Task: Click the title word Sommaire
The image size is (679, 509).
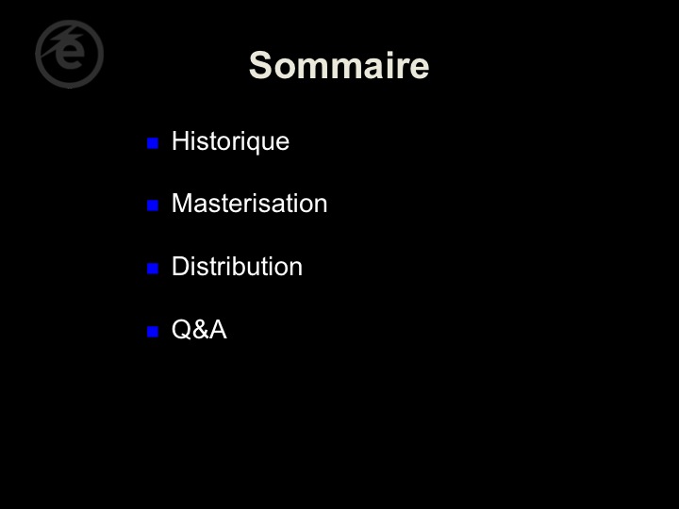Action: tap(339, 65)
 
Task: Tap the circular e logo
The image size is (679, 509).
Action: tap(69, 54)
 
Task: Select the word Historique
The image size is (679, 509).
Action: tap(230, 141)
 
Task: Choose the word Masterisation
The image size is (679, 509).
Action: tap(249, 203)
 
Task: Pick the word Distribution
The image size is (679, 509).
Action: tap(237, 266)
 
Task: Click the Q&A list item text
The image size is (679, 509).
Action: tap(199, 329)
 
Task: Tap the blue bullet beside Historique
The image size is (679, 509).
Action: tap(153, 143)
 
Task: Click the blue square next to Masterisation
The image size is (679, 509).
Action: tap(153, 205)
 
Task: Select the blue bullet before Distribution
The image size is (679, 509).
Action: tap(153, 269)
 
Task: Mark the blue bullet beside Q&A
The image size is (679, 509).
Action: tap(153, 332)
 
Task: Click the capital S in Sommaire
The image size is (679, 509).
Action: tap(260, 65)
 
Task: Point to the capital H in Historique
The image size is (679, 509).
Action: tap(180, 140)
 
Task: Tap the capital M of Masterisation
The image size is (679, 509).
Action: tap(181, 203)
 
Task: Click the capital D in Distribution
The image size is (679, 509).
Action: tap(180, 266)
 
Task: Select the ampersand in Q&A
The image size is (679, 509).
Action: tap(200, 330)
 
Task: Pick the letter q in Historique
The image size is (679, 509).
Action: tap(257, 144)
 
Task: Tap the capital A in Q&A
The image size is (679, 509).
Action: tap(218, 330)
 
